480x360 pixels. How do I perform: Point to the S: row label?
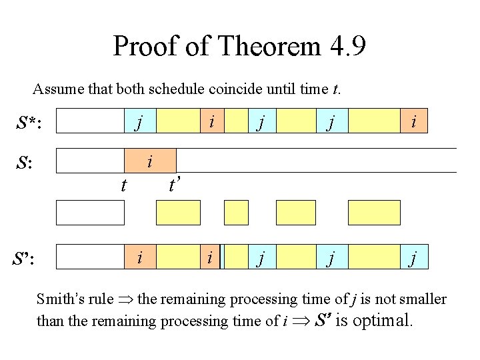coord(27,163)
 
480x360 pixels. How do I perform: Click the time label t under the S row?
coord(123,185)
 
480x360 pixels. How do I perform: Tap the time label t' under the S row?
coord(174,183)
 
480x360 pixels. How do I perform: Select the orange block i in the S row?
coord(151,161)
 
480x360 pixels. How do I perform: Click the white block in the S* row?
coord(89,121)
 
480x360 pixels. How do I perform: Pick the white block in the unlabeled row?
coord(90,213)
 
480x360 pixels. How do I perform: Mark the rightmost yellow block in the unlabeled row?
coord(375,213)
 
